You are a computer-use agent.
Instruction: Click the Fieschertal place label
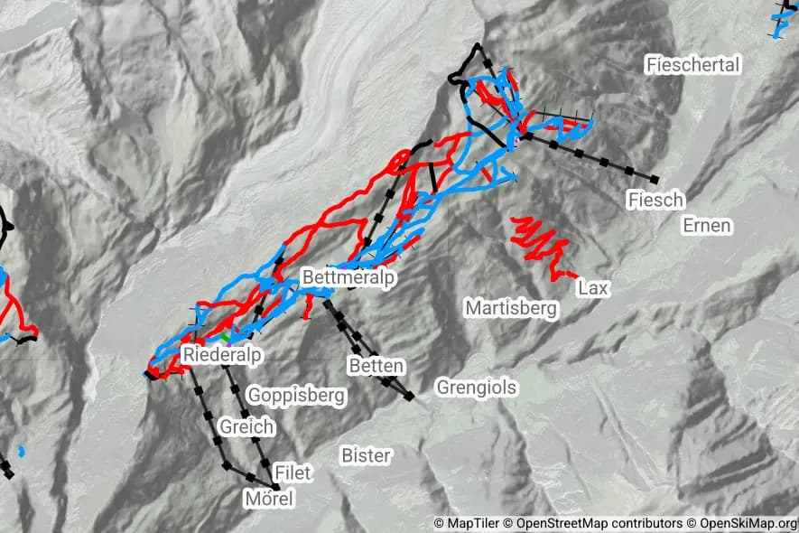coord(693,64)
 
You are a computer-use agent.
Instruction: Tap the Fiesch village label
coord(656,200)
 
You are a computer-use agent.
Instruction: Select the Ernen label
coord(707,225)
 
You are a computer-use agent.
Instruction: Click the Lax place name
coord(594,288)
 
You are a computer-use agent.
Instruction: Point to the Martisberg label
coord(511,308)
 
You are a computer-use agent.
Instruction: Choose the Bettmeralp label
coord(348,277)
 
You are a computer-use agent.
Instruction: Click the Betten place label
coord(376,365)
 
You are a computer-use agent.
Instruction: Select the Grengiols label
coord(477,388)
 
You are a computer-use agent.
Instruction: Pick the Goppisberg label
coord(296,395)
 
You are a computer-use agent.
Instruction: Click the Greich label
coord(246,426)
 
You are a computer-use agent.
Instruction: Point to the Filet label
coord(293,472)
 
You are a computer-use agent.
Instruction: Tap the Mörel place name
coord(269,499)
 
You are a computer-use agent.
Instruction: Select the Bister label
coord(366,455)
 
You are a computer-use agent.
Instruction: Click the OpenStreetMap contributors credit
coord(593,523)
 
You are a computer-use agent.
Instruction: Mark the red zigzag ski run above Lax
coord(540,242)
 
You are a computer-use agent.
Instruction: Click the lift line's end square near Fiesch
coord(654,180)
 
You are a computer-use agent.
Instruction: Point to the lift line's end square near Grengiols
coord(410,396)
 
